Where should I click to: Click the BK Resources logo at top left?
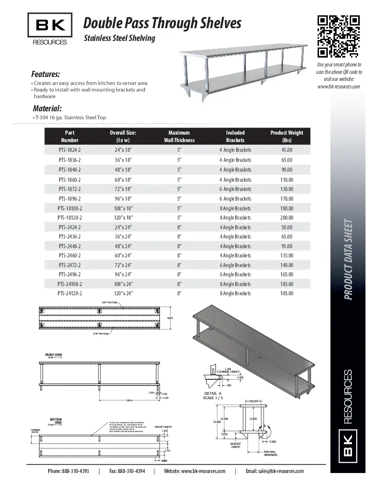(x=50, y=29)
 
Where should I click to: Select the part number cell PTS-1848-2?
(x=70, y=170)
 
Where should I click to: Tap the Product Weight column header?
(x=286, y=136)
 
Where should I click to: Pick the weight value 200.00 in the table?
(x=286, y=218)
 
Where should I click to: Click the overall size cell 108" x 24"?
(x=123, y=284)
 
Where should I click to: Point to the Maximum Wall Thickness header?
(x=179, y=136)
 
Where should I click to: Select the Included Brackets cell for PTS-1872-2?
(x=235, y=189)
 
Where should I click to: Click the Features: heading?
(x=45, y=74)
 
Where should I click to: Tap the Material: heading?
(x=47, y=109)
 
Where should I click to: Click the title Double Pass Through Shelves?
(x=162, y=23)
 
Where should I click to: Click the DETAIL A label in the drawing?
(x=213, y=393)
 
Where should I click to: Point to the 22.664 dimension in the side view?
(x=216, y=422)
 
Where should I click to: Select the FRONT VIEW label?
(x=54, y=355)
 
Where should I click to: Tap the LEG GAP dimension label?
(x=254, y=401)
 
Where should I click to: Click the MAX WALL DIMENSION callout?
(x=270, y=453)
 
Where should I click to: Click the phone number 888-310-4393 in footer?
(x=75, y=471)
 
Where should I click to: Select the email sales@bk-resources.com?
(x=275, y=471)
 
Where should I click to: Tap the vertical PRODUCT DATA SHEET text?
(x=348, y=260)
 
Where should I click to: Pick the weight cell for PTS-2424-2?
(x=286, y=227)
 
